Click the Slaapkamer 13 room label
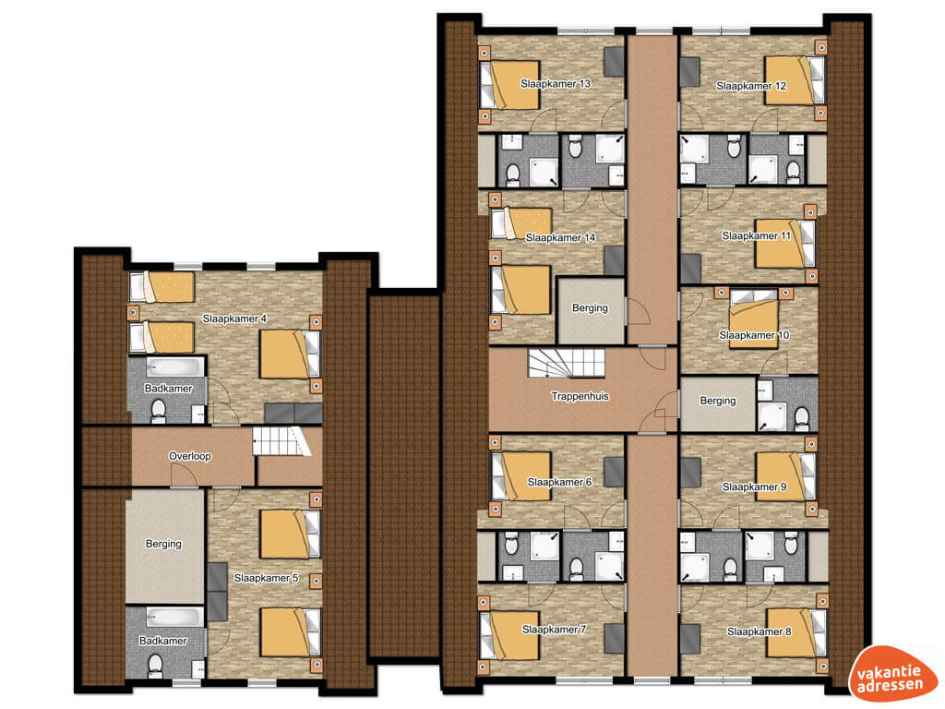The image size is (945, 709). tap(555, 84)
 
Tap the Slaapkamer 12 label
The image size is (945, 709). tap(751, 86)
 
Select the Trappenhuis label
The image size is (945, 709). tap(580, 396)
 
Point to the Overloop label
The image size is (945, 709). tap(190, 456)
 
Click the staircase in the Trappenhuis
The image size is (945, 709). tap(567, 364)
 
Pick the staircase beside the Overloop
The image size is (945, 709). tap(281, 441)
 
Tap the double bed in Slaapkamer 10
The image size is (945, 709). tap(753, 318)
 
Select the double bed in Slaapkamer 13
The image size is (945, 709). tap(509, 84)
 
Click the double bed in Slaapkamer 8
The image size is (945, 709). tap(795, 632)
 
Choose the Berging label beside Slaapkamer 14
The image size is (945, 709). tap(590, 308)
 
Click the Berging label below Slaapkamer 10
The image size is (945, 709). tap(718, 401)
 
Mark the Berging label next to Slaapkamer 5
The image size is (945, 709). tap(163, 544)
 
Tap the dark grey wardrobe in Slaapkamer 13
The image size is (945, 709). tap(614, 62)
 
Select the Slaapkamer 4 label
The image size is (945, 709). tap(234, 318)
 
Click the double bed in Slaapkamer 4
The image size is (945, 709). tap(289, 354)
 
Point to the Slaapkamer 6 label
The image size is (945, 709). tap(559, 482)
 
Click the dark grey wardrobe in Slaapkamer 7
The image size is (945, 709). tap(614, 639)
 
